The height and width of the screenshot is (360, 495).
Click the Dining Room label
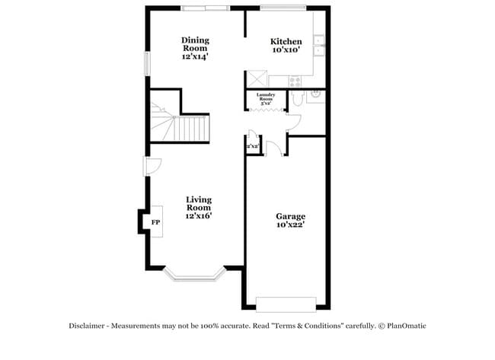tap(195, 44)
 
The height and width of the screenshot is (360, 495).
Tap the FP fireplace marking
tap(155, 222)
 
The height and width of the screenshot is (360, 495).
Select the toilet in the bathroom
tap(298, 97)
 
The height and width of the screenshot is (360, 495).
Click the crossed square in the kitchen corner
tap(256, 79)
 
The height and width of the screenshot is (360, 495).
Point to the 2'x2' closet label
tap(253, 145)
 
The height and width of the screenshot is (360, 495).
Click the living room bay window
tap(195, 273)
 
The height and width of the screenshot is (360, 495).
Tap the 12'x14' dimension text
tap(195, 57)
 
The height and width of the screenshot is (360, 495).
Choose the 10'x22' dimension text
tap(290, 225)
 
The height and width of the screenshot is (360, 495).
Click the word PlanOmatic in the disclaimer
tap(405, 326)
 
